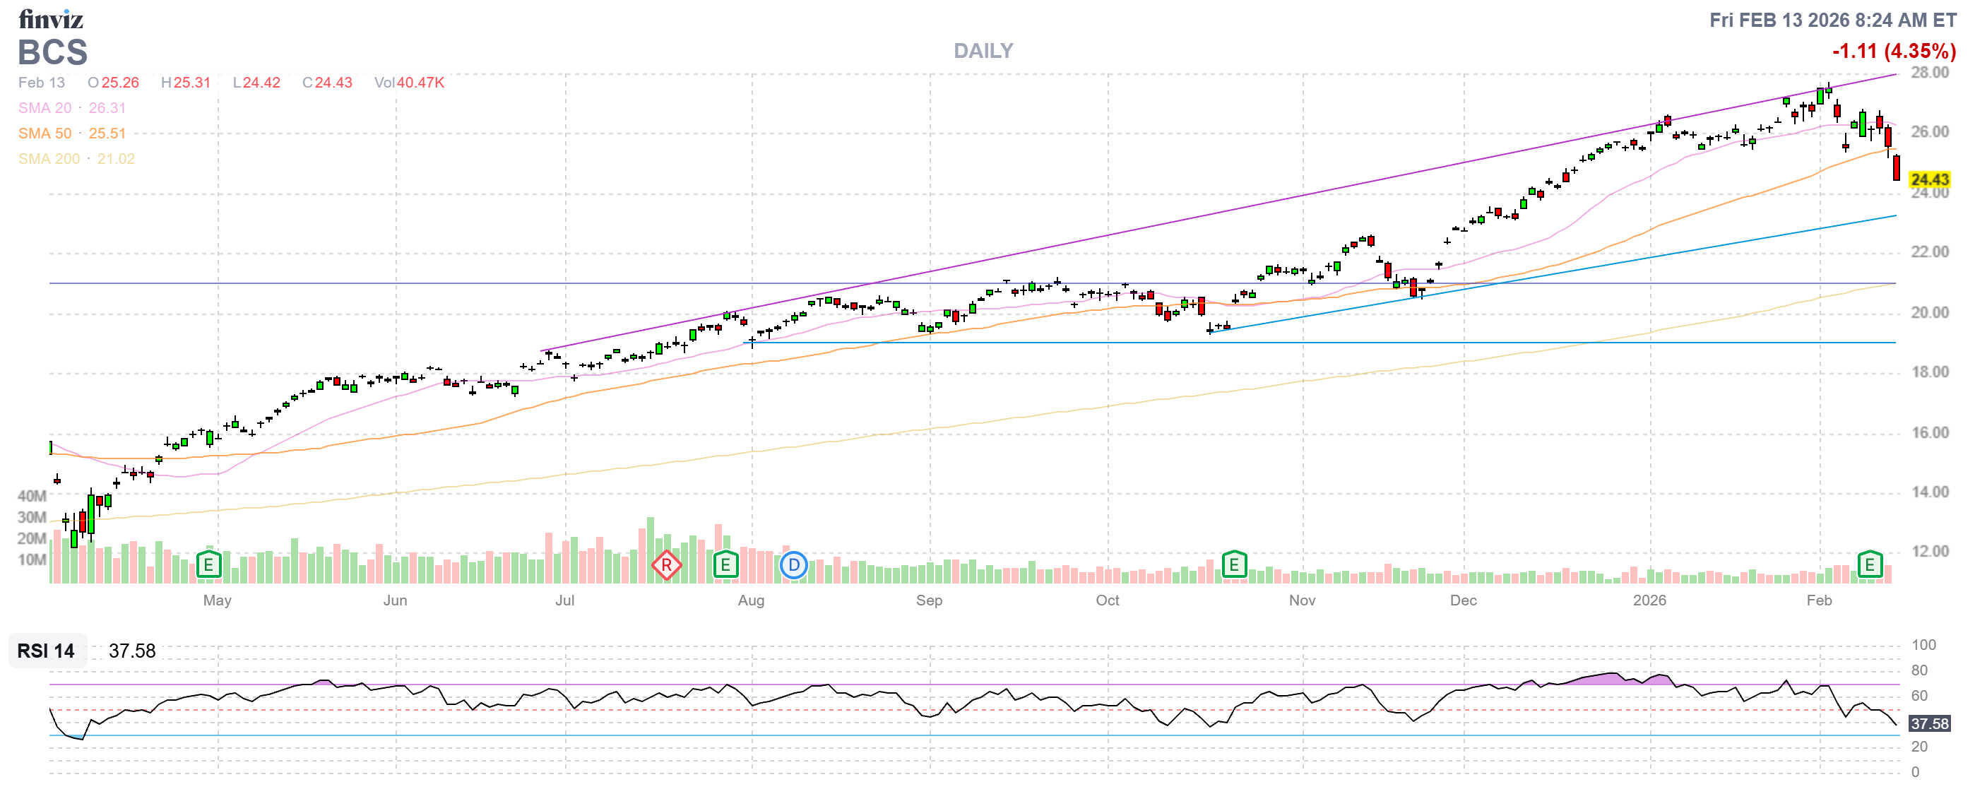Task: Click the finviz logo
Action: (51, 18)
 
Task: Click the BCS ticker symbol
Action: (53, 52)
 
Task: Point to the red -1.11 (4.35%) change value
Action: (1893, 52)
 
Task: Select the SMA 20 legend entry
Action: (71, 108)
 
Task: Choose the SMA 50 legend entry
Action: (71, 134)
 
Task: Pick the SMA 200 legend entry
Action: (76, 159)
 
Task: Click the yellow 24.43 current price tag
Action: (1929, 179)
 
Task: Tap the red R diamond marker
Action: (666, 566)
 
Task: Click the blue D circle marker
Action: (793, 566)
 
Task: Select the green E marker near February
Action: (1869, 565)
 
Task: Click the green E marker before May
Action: (208, 565)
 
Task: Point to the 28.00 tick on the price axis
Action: (1929, 73)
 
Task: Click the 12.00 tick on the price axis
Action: (1929, 551)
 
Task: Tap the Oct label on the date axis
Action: (1107, 600)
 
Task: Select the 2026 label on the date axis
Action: (1649, 600)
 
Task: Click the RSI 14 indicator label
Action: (46, 651)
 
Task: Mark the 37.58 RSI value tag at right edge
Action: (1929, 723)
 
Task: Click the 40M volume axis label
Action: (32, 496)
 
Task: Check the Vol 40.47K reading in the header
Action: (410, 83)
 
